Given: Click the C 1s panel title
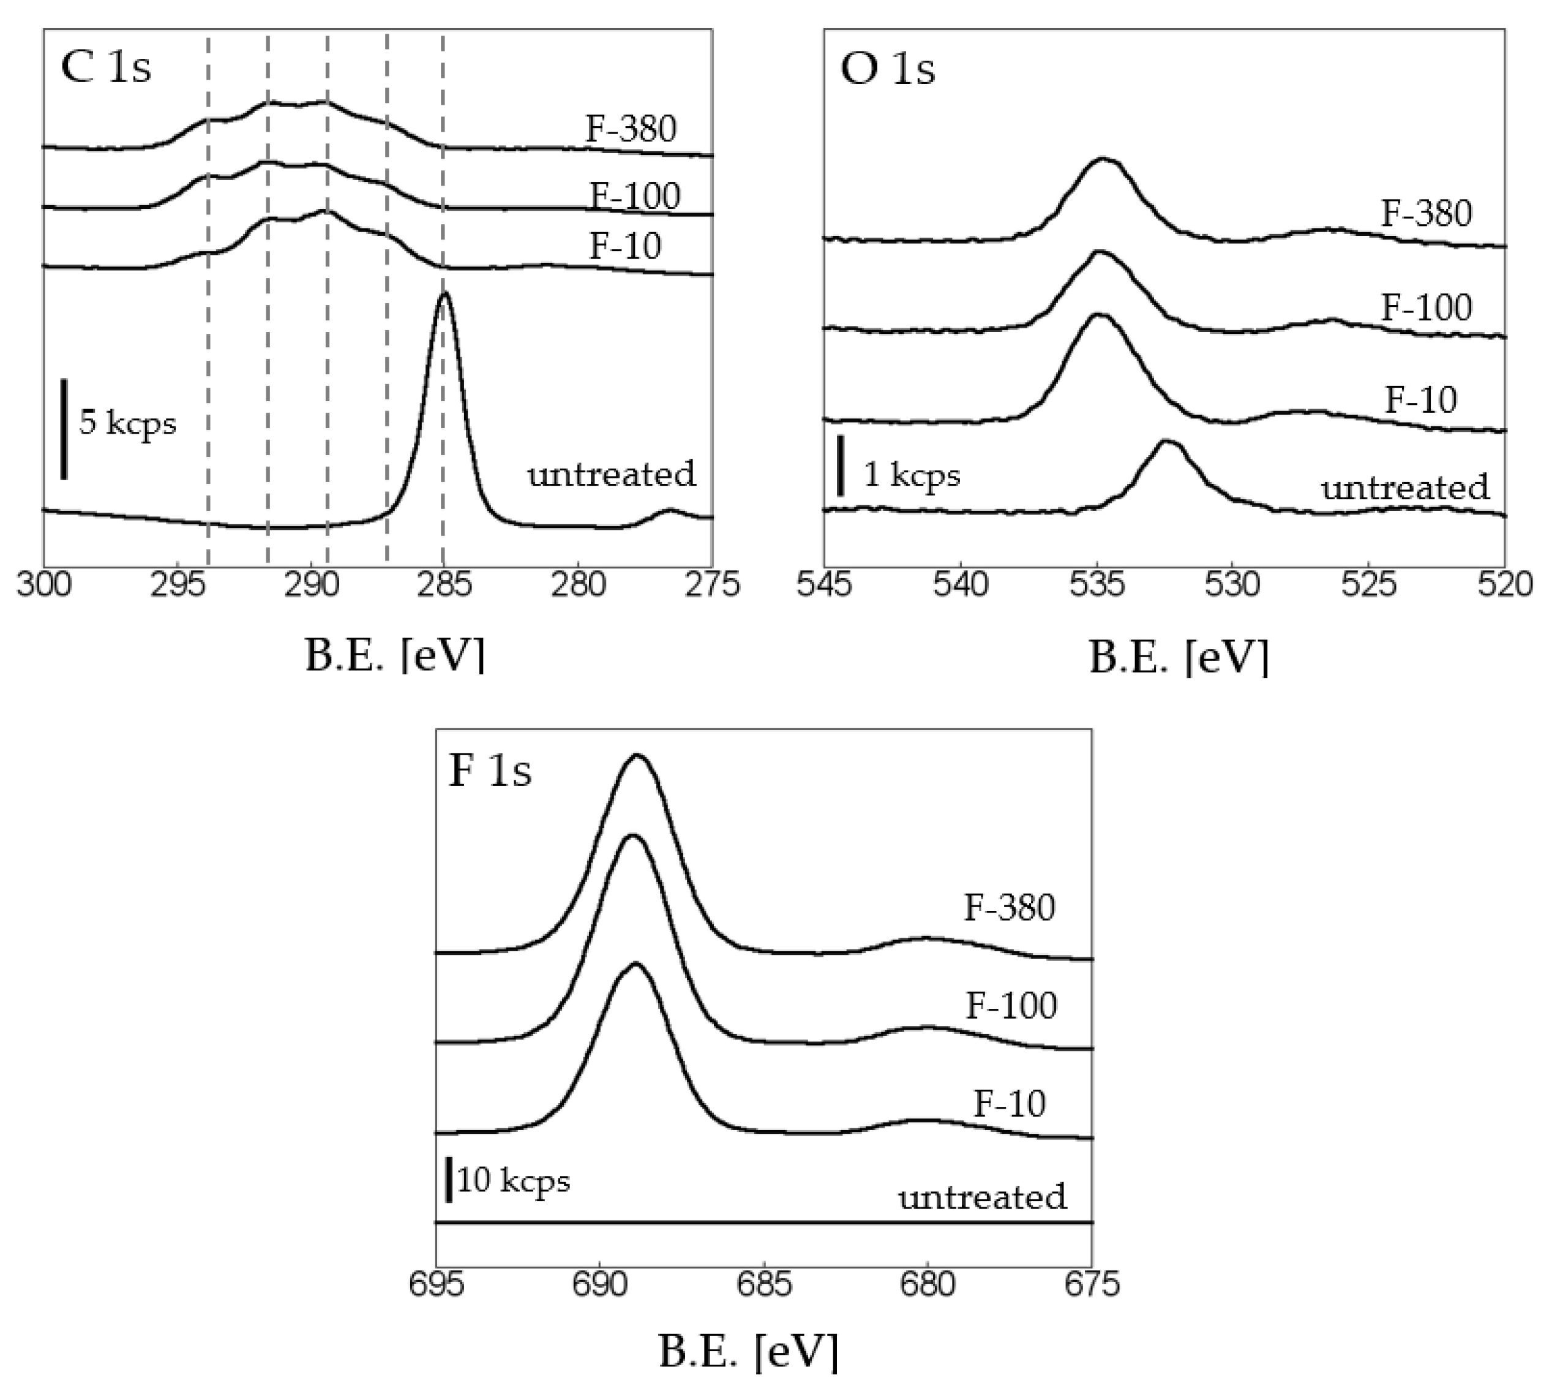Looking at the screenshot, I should coord(106,67).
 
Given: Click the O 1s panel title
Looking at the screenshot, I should coord(887,69).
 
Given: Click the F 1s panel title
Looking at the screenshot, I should coord(489,771).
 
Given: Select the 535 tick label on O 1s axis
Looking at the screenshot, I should coord(1097,586).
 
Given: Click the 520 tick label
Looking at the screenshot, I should coord(1504,586).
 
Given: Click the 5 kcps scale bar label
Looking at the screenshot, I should coord(127,423).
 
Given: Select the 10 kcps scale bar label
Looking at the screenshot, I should coord(513,1180).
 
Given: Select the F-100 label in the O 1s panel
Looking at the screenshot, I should coord(1426,307).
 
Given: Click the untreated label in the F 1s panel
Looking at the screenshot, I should coord(983,1197).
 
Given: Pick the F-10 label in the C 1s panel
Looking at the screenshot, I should coord(624,246).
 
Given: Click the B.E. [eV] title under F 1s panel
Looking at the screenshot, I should coord(748,1353).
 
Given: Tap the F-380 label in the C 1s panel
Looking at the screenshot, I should coord(631,129).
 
